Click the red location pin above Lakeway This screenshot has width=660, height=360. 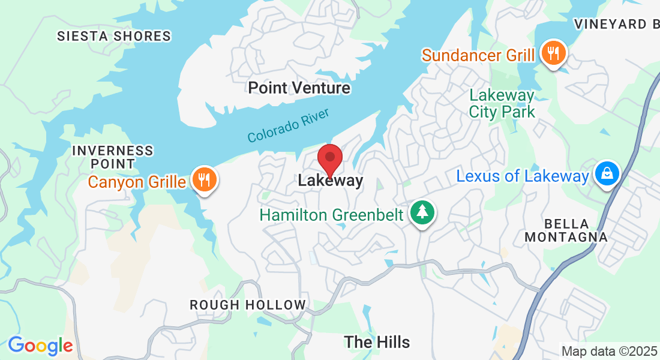(329, 158)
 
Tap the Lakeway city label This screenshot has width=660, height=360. (331, 181)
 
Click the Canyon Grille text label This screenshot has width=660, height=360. (137, 181)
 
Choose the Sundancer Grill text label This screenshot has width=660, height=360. (478, 56)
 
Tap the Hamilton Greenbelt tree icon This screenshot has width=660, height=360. (423, 212)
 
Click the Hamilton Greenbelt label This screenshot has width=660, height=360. (331, 215)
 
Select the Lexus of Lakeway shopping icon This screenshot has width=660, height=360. (607, 173)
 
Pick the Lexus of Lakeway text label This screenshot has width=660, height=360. (523, 176)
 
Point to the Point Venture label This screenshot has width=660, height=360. (299, 88)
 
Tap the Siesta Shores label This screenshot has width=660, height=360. (114, 36)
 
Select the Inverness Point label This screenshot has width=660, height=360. (112, 157)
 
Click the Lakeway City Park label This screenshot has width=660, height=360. (502, 103)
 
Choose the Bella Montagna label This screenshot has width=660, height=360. (566, 230)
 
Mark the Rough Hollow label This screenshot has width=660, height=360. (248, 305)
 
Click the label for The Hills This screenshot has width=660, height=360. (377, 342)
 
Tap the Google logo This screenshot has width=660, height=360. (40, 346)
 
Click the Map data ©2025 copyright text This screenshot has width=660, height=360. (609, 350)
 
